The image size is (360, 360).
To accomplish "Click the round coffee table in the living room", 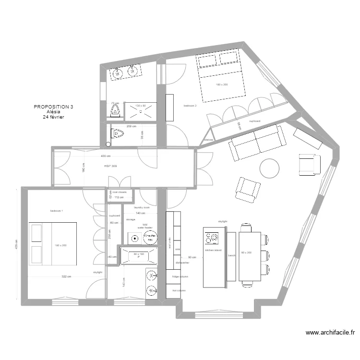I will (269, 168).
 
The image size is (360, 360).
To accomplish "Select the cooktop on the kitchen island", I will (212, 239).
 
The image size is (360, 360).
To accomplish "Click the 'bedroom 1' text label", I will (56, 211).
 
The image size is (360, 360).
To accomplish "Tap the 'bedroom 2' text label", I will (190, 106).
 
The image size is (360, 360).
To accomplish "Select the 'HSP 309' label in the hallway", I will (111, 166).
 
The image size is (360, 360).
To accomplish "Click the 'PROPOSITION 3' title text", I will (54, 107).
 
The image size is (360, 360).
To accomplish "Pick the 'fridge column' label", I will (180, 277).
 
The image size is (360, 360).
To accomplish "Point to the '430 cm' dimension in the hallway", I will (106, 156).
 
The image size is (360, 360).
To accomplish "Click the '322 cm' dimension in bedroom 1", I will (66, 276).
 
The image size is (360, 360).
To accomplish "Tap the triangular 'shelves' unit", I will (207, 137).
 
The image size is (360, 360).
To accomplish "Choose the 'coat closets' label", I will (120, 192).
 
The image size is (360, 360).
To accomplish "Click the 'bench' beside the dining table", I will (231, 256).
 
